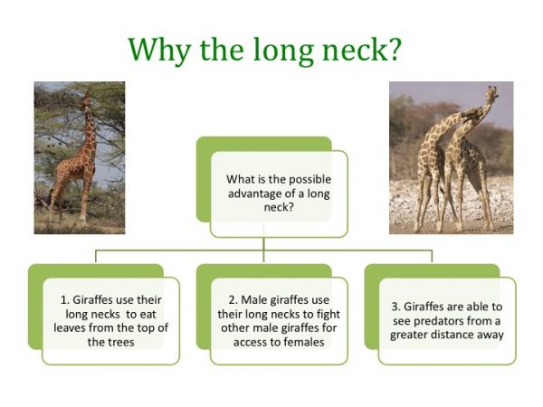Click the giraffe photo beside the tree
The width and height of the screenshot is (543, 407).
coord(80,157)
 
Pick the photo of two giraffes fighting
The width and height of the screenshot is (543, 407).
coord(451,157)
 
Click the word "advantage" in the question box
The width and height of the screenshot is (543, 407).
coord(256,193)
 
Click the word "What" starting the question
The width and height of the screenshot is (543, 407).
coord(240,179)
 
